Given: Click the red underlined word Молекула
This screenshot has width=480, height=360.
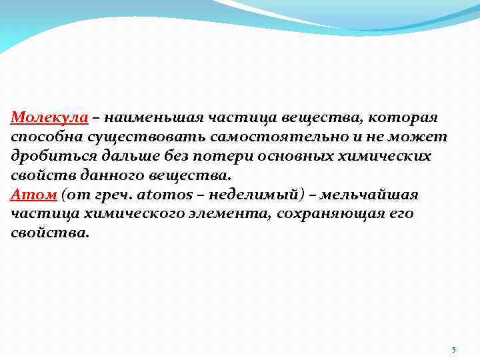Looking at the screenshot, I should [49, 118].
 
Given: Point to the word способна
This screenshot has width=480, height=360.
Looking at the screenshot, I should [44, 137].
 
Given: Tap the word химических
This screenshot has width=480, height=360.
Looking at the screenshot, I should [382, 157].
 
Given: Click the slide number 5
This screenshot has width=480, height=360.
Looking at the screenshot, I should [453, 350].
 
